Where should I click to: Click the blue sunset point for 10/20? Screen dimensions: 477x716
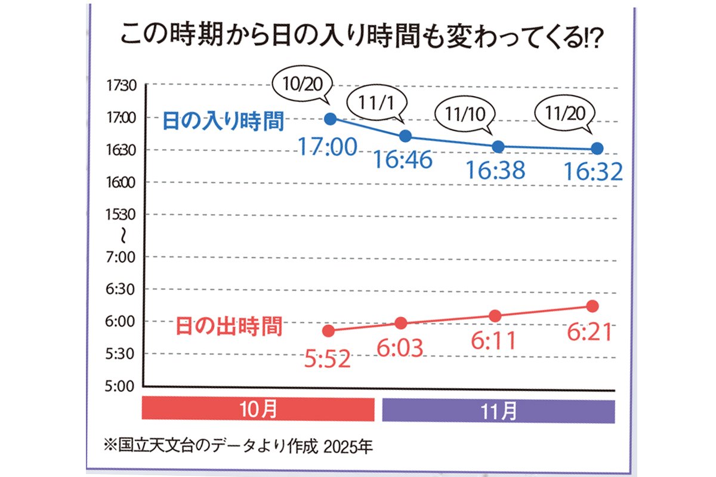coord(330,118)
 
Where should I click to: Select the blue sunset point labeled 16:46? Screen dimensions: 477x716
coord(406,136)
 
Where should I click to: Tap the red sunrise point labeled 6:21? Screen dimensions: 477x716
coord(592,306)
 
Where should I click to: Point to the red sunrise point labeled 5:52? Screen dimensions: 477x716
coord(328,330)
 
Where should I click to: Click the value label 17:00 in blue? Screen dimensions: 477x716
coord(328,147)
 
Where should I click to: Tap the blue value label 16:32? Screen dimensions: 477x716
coord(594,172)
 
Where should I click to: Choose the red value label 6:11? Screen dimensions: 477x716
coord(493,340)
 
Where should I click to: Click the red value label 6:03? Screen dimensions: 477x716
coord(400,348)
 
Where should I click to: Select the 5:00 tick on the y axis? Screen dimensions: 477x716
coord(122,386)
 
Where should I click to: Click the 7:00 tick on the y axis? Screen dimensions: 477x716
coord(122,257)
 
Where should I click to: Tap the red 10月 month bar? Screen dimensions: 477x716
coord(258,410)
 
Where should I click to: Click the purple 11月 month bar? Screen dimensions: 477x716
coord(498,410)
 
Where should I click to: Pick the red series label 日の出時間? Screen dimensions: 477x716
coord(229,327)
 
